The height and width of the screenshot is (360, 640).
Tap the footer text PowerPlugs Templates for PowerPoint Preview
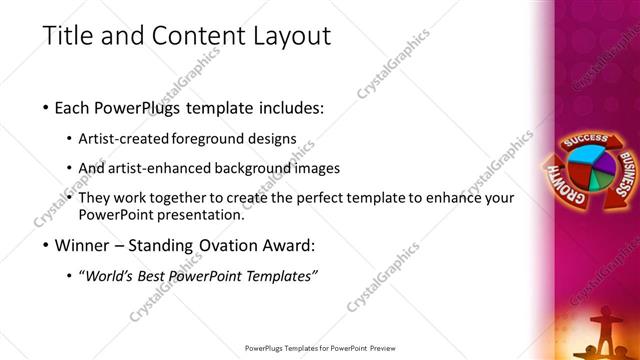coord(320,349)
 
